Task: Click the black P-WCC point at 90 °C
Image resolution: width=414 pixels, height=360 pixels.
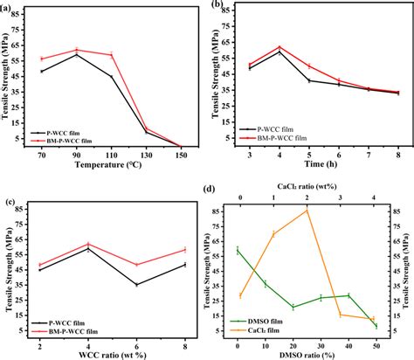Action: [77, 54]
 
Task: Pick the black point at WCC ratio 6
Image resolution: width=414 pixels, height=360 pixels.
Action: [135, 284]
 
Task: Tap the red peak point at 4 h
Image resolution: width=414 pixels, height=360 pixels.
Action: [279, 47]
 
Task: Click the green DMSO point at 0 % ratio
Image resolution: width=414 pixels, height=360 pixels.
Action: [237, 250]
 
